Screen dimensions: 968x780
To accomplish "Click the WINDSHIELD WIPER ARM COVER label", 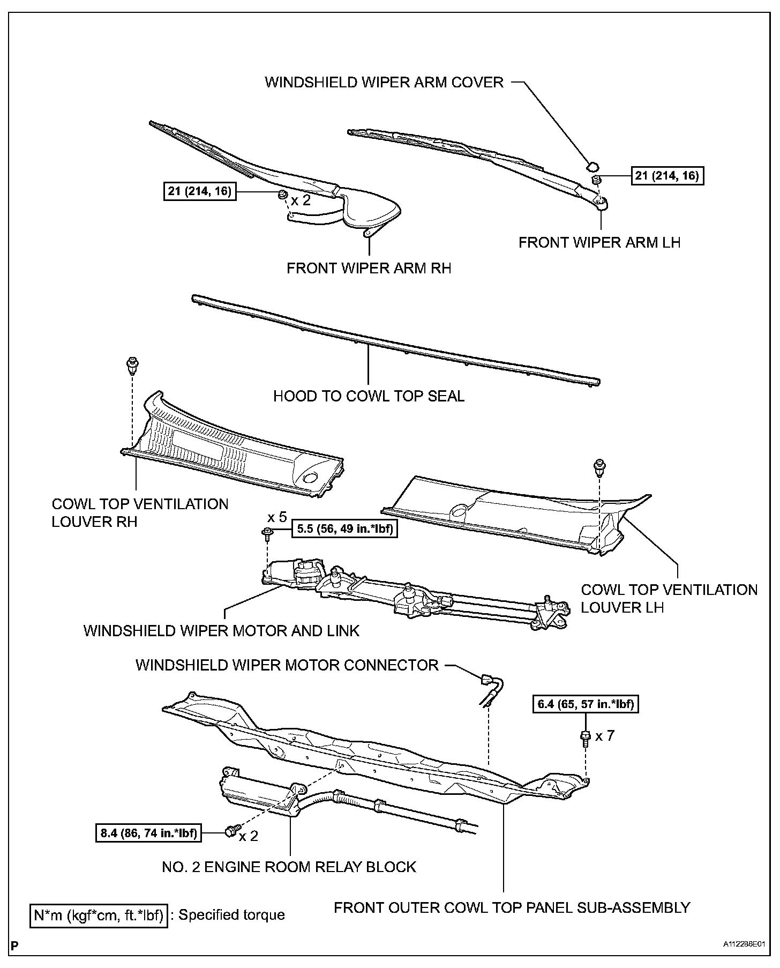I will point(384,82).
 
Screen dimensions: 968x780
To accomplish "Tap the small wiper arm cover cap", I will point(593,165).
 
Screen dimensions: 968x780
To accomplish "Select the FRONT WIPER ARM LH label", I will point(599,242).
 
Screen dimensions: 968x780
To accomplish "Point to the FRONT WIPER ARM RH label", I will point(369,268).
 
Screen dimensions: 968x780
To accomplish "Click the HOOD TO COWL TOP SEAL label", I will point(369,396).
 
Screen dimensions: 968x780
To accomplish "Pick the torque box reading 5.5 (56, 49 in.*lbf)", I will point(344,530).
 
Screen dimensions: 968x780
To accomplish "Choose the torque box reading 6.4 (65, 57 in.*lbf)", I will point(586,704).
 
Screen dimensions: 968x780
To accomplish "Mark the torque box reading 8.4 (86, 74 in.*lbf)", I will point(148,833).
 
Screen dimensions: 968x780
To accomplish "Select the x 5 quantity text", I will point(277,517).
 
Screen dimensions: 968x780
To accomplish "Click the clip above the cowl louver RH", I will point(130,366).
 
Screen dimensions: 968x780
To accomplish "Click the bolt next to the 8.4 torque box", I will point(231,831).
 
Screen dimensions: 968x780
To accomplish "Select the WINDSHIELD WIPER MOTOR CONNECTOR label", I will point(287,665).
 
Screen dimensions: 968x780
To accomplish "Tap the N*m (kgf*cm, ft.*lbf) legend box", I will point(98,914).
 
